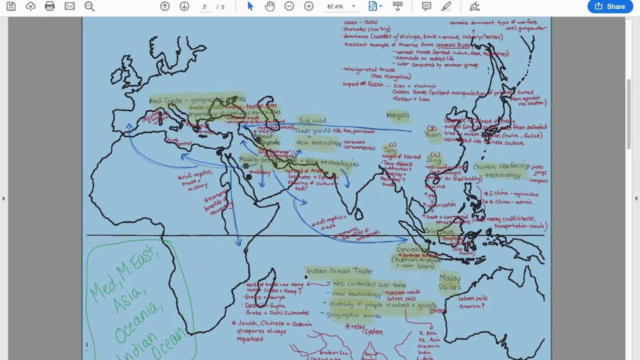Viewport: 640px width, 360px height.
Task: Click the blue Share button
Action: (x=610, y=6)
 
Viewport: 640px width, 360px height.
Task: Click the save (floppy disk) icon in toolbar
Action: (x=11, y=6)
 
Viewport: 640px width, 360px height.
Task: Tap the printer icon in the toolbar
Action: (x=49, y=6)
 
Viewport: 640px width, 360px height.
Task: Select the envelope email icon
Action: (x=69, y=6)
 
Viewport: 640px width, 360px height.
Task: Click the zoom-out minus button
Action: (x=289, y=6)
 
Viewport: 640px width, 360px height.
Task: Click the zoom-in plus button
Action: (x=308, y=6)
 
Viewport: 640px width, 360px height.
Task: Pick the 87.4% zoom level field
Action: (x=335, y=6)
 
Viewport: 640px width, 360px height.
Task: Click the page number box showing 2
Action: (x=204, y=6)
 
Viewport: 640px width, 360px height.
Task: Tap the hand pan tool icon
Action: (x=270, y=6)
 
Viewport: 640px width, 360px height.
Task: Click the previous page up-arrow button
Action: (x=164, y=6)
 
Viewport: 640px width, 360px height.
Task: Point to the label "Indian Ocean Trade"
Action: (x=339, y=271)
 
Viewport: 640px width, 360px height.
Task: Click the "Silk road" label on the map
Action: (x=312, y=120)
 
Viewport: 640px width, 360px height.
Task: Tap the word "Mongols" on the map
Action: (x=398, y=115)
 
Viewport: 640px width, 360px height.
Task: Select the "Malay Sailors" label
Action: (x=450, y=282)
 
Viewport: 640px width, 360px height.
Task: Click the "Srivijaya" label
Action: (x=439, y=231)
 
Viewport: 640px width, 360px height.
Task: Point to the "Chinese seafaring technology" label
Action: (x=501, y=170)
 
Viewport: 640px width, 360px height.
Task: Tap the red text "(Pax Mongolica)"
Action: (x=391, y=76)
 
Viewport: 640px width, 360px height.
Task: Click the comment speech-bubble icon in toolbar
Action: (x=426, y=6)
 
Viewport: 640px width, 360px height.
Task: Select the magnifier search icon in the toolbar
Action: (x=89, y=6)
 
